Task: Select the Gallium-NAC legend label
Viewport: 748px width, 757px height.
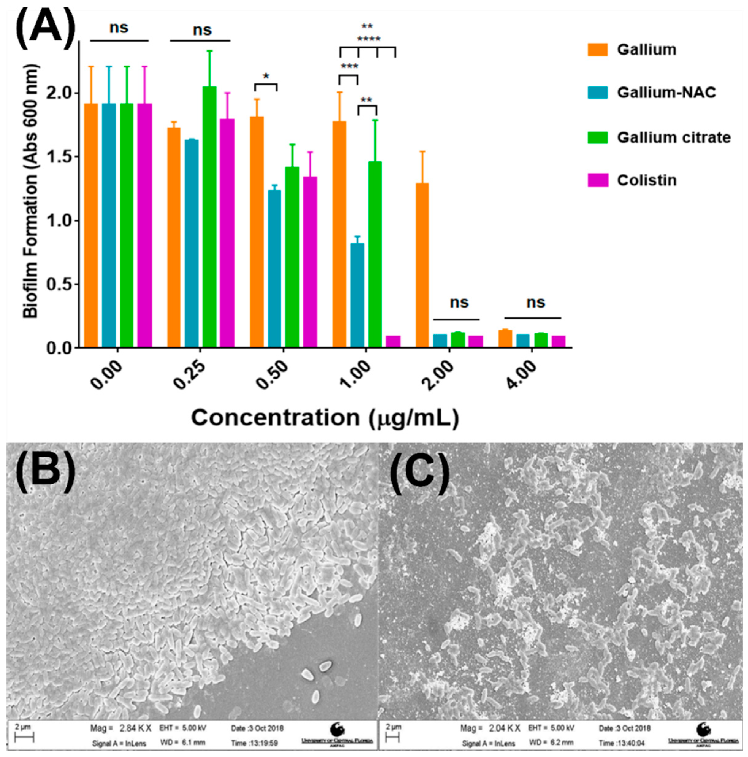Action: click(666, 93)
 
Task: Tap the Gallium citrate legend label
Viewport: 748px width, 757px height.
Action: click(674, 138)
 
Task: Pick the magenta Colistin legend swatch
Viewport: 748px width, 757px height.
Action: click(597, 180)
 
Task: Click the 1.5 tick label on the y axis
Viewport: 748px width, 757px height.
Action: click(58, 157)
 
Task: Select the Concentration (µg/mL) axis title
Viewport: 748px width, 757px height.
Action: click(325, 418)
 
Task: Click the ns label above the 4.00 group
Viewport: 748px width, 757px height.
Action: click(535, 303)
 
